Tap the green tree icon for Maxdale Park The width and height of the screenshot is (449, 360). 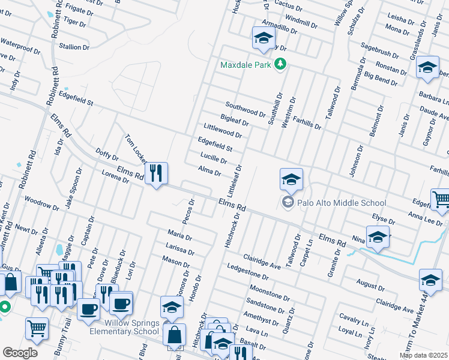click(279, 64)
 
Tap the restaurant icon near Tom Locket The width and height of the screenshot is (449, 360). click(156, 173)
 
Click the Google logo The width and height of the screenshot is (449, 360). click(20, 353)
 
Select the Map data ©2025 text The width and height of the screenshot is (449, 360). click(423, 355)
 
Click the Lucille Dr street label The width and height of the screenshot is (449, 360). click(213, 158)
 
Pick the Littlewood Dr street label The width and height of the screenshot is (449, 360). click(222, 130)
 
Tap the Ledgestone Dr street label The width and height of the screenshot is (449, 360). click(247, 271)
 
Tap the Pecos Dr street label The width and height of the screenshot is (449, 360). click(191, 210)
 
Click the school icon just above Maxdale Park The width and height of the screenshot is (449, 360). click(262, 38)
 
